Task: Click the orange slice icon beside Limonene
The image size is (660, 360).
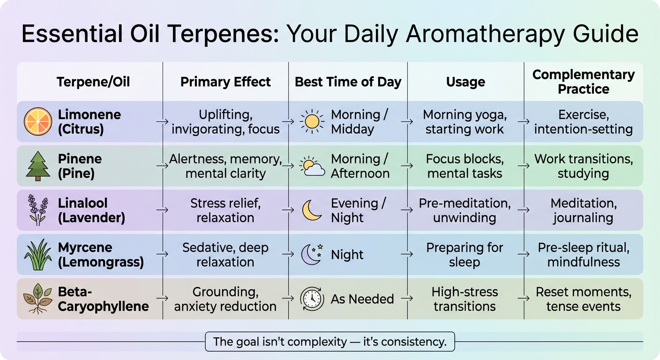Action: pos(37,121)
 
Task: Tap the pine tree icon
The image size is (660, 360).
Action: pos(37,166)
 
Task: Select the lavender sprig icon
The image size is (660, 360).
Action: pos(37,210)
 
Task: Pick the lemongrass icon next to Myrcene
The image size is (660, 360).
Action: pos(37,255)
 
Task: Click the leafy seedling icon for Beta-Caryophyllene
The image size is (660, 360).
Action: pos(37,299)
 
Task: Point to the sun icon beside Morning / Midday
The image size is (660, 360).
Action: pos(312,121)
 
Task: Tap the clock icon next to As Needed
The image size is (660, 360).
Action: pos(312,299)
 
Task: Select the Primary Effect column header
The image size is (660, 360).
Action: pos(225,82)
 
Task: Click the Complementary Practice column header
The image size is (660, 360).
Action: pos(583,82)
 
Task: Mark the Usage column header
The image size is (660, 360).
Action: pos(465,82)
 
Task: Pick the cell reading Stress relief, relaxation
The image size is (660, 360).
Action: pos(225,210)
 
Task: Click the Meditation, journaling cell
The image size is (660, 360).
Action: pos(583,210)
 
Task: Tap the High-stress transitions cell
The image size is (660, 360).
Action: pos(464,299)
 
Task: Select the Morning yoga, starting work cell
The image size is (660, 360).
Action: pos(464,121)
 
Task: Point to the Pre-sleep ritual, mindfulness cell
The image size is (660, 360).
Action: pos(583,255)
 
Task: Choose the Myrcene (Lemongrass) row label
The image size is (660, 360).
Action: pos(100,255)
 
